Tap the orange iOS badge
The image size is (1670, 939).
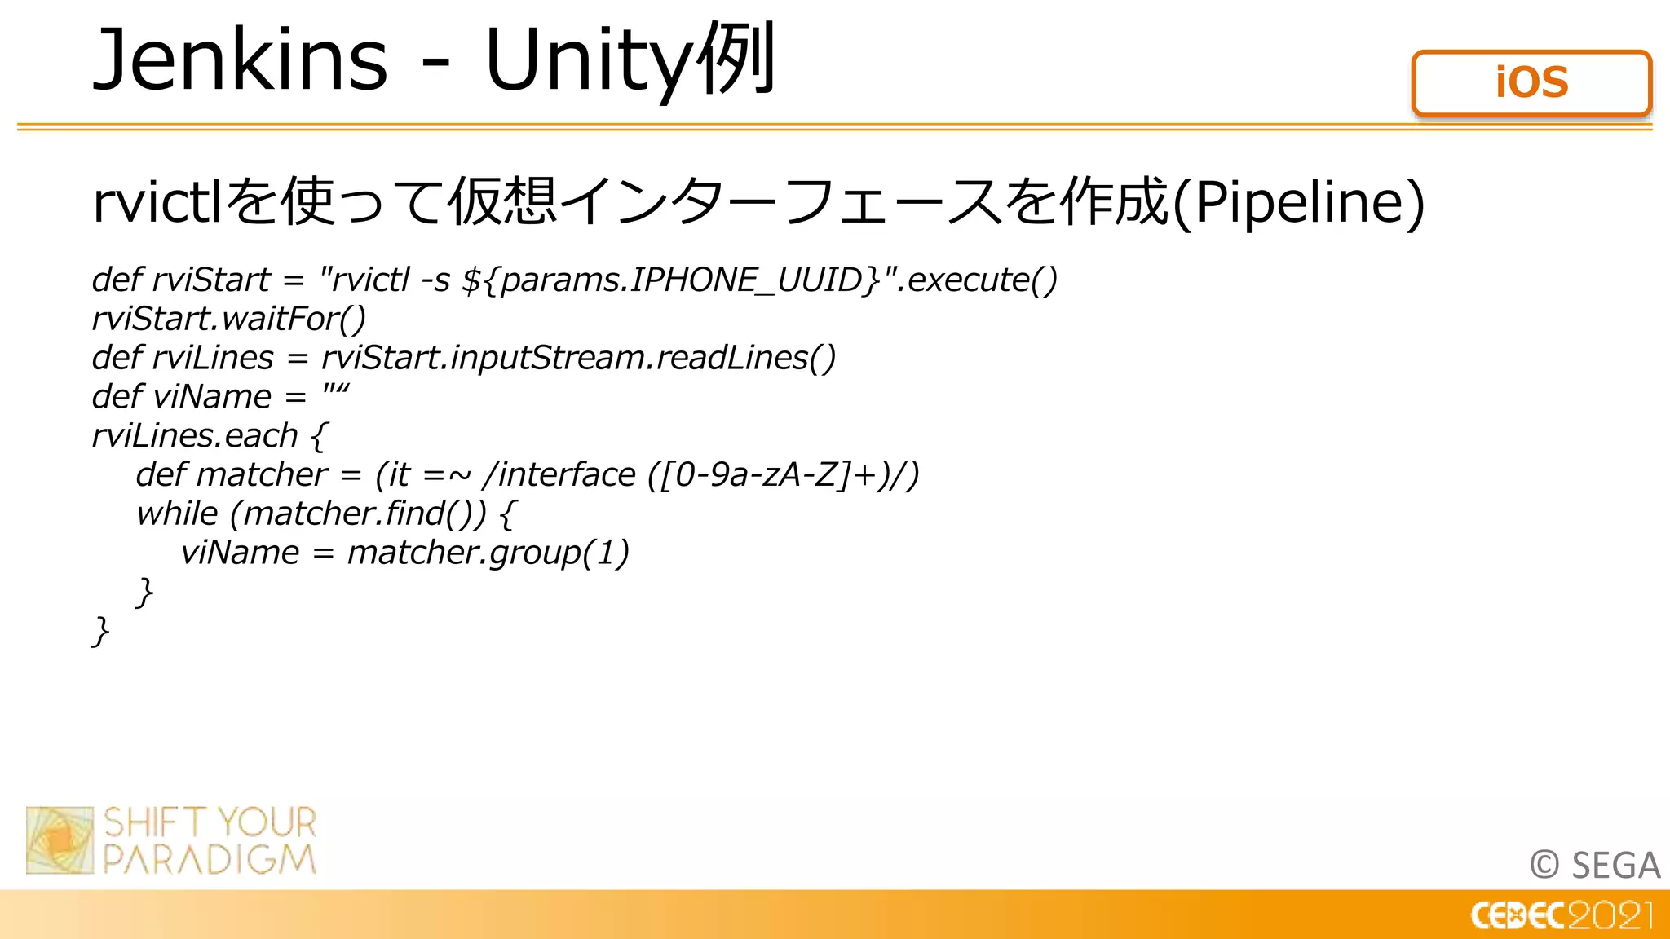(1531, 83)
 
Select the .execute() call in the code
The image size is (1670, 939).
(979, 280)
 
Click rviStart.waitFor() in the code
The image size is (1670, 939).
(229, 319)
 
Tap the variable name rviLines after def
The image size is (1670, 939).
(213, 358)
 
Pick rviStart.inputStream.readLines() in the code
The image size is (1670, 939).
(578, 358)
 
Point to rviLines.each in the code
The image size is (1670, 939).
(195, 436)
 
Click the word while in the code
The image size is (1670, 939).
(177, 514)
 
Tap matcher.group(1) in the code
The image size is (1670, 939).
(488, 553)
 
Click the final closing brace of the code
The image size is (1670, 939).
(100, 631)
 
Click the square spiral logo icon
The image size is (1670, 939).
(60, 840)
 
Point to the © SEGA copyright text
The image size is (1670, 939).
(1594, 865)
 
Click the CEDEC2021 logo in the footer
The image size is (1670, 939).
(1562, 915)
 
